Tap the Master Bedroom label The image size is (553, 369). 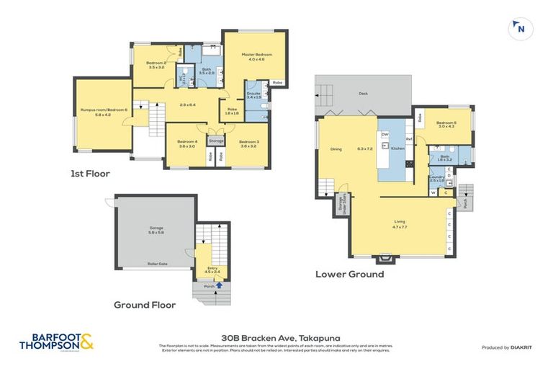point(256,56)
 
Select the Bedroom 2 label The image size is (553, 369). point(156,64)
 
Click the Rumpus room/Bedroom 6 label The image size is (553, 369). point(104,111)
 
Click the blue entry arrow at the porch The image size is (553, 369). point(218,285)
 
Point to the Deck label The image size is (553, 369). point(364,94)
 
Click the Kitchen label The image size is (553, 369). point(397,148)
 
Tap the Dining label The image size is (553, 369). point(336,149)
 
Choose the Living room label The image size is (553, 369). point(400,223)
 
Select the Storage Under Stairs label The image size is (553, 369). point(338,207)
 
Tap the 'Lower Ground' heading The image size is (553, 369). point(349,275)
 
